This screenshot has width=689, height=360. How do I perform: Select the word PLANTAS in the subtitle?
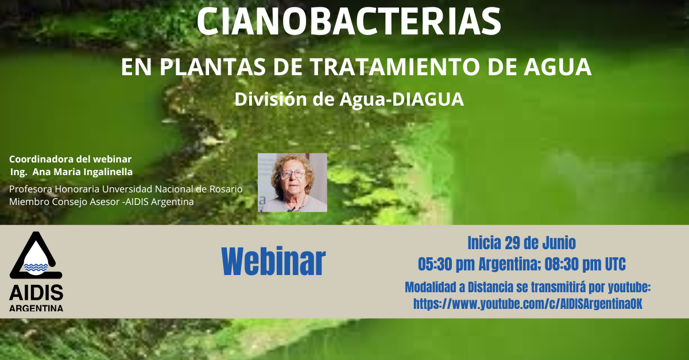[x=212, y=67]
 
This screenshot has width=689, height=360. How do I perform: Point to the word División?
[x=270, y=99]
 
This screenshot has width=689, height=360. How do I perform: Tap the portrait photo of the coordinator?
[x=292, y=183]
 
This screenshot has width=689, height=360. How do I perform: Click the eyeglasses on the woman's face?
[x=292, y=174]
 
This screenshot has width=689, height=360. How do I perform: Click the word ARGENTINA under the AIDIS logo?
[x=36, y=308]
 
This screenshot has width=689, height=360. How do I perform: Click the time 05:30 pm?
[x=446, y=264]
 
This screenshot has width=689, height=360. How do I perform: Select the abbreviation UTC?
[x=616, y=264]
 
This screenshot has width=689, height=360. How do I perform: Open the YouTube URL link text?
[x=528, y=304]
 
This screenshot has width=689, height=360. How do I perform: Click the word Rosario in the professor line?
[x=226, y=189]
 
